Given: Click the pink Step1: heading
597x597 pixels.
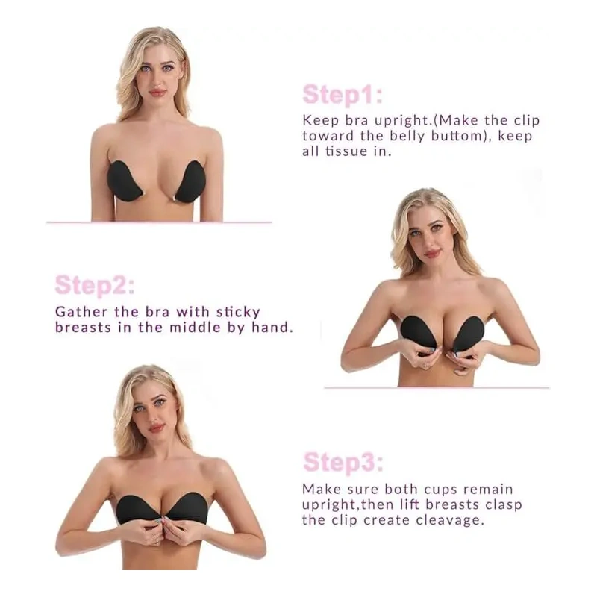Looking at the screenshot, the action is point(343,95).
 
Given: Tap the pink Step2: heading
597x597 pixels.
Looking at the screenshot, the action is point(95,285).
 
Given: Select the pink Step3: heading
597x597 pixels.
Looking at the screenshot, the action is point(343,462).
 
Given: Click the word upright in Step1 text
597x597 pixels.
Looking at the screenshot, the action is point(403,122).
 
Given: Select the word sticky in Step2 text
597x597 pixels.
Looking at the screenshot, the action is point(238,313).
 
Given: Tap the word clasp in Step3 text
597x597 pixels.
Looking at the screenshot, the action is point(501,505).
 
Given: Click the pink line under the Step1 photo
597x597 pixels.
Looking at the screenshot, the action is point(159,222).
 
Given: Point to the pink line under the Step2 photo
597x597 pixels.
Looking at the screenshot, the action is point(437,387).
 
